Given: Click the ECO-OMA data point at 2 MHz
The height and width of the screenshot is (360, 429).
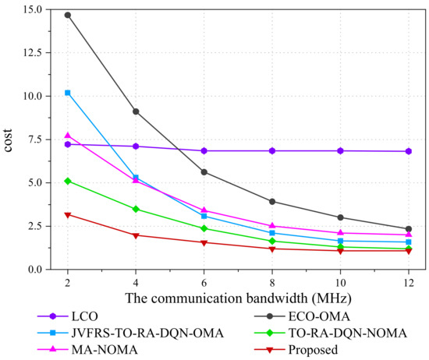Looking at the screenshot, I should point(68,15).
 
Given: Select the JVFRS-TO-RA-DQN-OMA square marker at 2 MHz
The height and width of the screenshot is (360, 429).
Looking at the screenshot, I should point(68,93).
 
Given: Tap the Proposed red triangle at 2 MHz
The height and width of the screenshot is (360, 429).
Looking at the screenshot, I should point(68,214).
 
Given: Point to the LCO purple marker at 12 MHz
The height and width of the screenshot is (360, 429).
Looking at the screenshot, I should point(408,151).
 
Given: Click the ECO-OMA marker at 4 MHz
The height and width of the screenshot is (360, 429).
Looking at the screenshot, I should point(136,111).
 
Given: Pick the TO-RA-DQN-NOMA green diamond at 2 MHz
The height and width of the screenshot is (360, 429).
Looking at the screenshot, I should point(68,181).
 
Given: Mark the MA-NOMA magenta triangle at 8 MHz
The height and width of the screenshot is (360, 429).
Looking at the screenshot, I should point(272,225).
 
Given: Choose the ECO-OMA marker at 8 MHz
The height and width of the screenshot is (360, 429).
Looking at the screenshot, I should point(272,201).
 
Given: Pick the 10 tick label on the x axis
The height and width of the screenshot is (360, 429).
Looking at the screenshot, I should point(340,281).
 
